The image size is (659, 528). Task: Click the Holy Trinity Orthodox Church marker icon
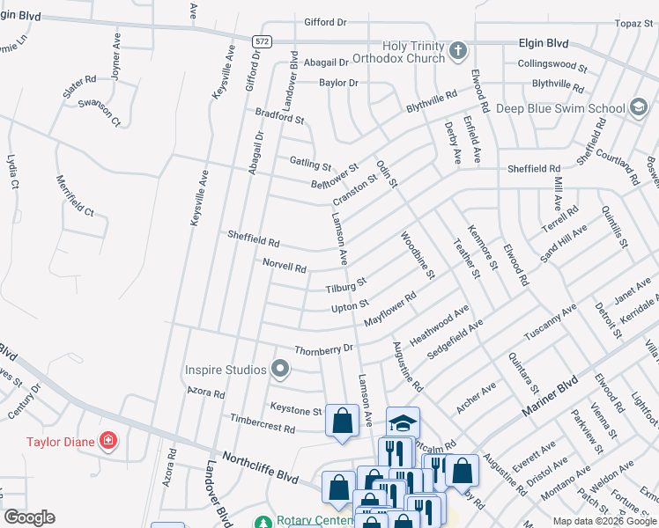[457, 51]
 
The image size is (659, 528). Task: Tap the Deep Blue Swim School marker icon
[637, 107]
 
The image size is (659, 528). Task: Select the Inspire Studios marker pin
[280, 369]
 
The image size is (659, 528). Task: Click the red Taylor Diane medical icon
[107, 440]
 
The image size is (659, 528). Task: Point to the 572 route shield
[260, 41]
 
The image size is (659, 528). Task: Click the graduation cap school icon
[402, 423]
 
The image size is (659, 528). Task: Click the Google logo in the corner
[29, 517]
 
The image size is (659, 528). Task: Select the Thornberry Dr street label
[322, 348]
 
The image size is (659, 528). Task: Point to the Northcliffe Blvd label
[260, 466]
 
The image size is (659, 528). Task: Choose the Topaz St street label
[633, 23]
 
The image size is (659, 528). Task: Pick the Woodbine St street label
[418, 256]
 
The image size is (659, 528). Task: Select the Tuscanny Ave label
[550, 324]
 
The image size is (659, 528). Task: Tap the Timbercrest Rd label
[261, 428]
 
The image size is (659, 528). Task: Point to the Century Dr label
[24, 401]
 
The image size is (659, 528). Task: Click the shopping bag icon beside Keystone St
[342, 420]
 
